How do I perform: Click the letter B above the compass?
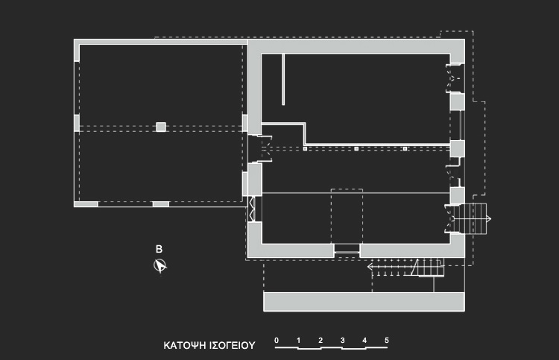[x=159, y=249]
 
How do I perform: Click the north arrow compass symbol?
[x=160, y=265]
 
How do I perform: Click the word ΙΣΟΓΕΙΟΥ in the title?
[x=232, y=345]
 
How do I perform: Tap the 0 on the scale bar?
[x=277, y=341]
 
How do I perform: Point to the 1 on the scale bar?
[x=298, y=341]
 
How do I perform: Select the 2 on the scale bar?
[x=320, y=341]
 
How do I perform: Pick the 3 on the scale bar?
[x=343, y=341]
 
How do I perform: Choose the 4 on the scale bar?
[x=364, y=341]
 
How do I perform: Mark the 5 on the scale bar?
[x=386, y=341]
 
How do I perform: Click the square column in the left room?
[x=161, y=127]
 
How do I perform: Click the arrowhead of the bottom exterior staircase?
[x=370, y=266]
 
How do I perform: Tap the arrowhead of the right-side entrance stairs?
[x=489, y=219]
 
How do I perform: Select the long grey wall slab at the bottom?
[x=364, y=302]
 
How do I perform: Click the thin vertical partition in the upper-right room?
[x=283, y=80]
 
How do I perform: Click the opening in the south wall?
[x=347, y=250]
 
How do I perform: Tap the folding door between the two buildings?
[x=252, y=209]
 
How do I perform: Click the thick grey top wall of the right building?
[x=356, y=46]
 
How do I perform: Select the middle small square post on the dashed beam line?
[x=356, y=148]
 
